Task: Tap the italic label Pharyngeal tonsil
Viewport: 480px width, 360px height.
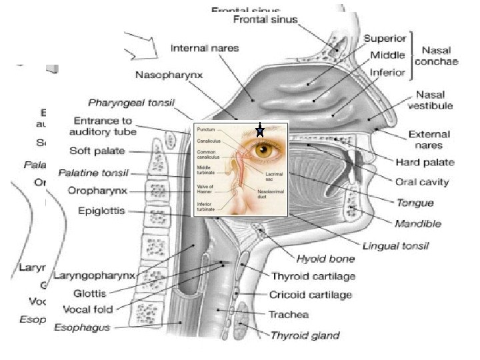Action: (131, 103)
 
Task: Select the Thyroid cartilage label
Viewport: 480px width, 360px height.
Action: (313, 276)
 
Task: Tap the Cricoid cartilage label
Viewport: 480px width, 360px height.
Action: (311, 294)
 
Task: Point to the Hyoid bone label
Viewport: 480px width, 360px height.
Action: (325, 258)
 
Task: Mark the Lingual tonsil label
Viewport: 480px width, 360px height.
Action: (395, 245)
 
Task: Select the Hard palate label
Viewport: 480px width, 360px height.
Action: (425, 162)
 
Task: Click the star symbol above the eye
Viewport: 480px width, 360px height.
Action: (260, 131)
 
